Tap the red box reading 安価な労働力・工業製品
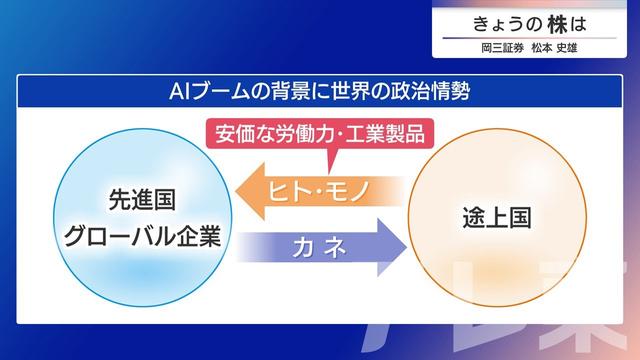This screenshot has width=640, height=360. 318,132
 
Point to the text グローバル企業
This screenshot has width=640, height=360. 141,237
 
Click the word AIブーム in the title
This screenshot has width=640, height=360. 206,92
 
